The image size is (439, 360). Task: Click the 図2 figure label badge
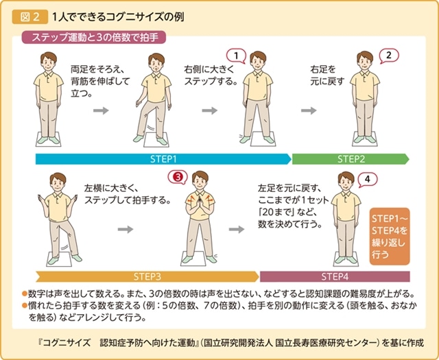(30, 17)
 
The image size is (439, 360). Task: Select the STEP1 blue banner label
(163, 159)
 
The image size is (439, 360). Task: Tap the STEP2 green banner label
(351, 159)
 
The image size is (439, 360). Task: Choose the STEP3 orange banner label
(147, 276)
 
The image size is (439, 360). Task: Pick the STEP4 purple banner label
(335, 276)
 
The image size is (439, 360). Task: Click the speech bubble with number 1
(236, 56)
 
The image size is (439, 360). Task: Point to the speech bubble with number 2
(389, 56)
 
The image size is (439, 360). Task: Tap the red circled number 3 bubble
(178, 177)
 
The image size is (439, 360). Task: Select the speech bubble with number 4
(368, 180)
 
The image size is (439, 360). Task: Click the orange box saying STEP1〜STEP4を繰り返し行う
(390, 237)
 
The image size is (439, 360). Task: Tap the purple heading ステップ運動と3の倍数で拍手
(94, 38)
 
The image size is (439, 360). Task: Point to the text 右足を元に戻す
(327, 75)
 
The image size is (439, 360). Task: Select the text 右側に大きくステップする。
(211, 75)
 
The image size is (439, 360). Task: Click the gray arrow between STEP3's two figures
(126, 229)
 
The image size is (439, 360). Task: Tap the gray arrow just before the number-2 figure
(309, 110)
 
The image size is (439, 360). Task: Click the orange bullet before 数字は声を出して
(25, 294)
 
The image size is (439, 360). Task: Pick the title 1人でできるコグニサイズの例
(118, 17)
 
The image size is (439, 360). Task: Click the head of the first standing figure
(49, 62)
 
